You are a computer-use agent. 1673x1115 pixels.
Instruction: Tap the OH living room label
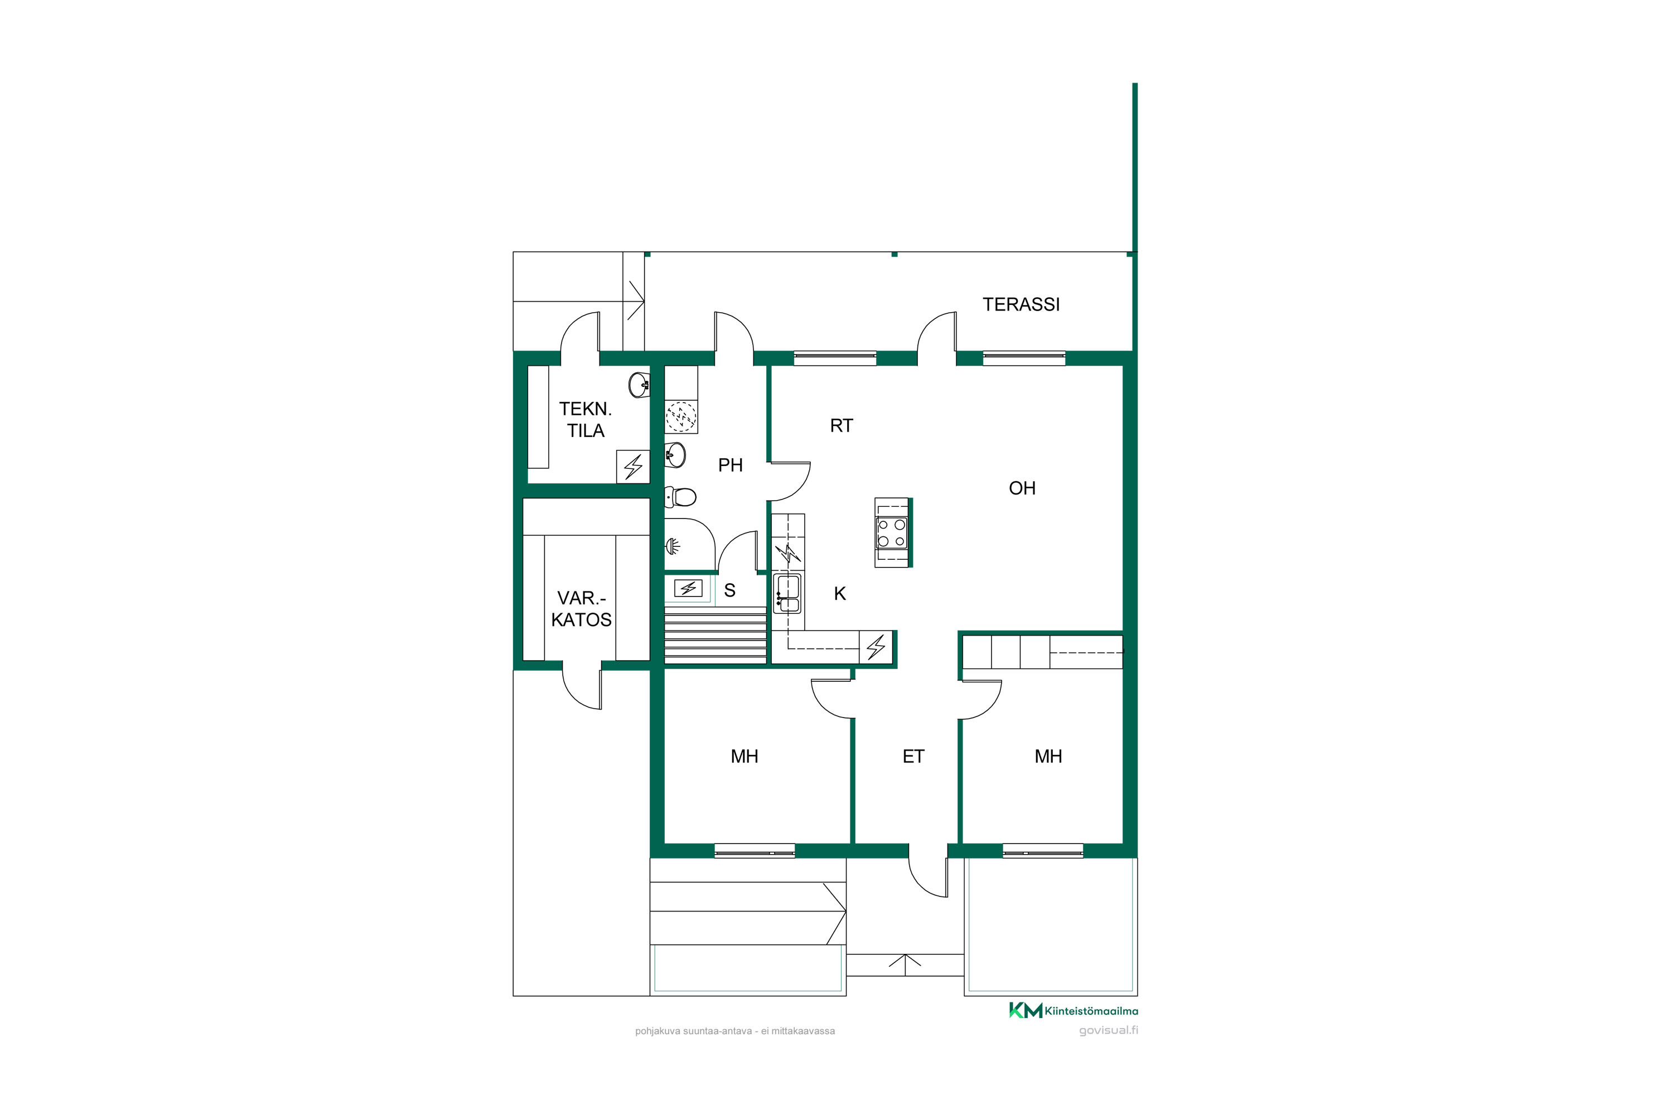[x=1022, y=488]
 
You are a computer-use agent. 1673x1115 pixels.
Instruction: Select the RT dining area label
[x=842, y=425]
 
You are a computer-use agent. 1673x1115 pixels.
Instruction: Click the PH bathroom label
[x=731, y=465]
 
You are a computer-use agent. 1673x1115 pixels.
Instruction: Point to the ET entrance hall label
[x=913, y=756]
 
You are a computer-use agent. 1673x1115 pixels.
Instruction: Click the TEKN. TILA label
[x=586, y=420]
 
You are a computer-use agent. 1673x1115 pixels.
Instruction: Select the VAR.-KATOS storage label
[x=581, y=609]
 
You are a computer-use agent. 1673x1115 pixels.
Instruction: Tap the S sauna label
[x=730, y=590]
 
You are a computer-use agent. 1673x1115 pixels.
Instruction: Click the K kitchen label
[x=840, y=594]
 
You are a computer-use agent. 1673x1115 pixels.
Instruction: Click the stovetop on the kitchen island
[x=891, y=532]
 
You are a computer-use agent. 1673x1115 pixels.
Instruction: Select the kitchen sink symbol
[x=788, y=594]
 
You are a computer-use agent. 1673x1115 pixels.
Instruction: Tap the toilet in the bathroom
[x=681, y=496]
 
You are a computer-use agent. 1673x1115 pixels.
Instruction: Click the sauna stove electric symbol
[x=688, y=588]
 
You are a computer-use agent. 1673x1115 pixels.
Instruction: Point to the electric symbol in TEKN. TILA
[x=633, y=467]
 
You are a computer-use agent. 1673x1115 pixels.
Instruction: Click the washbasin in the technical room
[x=639, y=385]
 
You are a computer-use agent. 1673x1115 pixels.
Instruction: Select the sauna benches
[x=715, y=636]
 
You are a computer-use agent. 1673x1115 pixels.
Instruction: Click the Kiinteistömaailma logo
[x=1074, y=1010]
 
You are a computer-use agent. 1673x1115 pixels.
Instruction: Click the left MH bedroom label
[x=744, y=756]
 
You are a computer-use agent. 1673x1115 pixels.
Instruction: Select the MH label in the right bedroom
[x=1048, y=756]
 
